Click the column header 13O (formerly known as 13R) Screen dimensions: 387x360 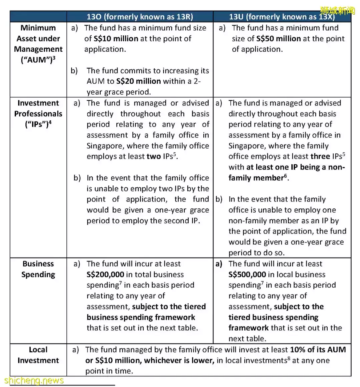coord(140,17)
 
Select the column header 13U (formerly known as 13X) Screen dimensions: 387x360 coord(282,17)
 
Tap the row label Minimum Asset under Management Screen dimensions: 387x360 coord(38,44)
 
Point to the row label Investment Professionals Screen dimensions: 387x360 coord(38,114)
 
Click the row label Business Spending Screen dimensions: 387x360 coord(38,269)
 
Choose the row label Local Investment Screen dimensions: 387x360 coord(38,355)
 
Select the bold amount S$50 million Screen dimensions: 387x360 coord(279,38)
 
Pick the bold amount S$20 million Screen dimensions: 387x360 coord(138,81)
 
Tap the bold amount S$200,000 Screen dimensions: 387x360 coord(110,274)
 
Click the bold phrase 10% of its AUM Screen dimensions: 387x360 coord(318,350)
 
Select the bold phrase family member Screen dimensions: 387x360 coord(256,178)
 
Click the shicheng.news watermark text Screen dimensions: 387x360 coord(34,380)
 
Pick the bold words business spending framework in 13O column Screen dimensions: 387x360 coord(141,317)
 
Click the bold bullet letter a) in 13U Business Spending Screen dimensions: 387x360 coord(219,264)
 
